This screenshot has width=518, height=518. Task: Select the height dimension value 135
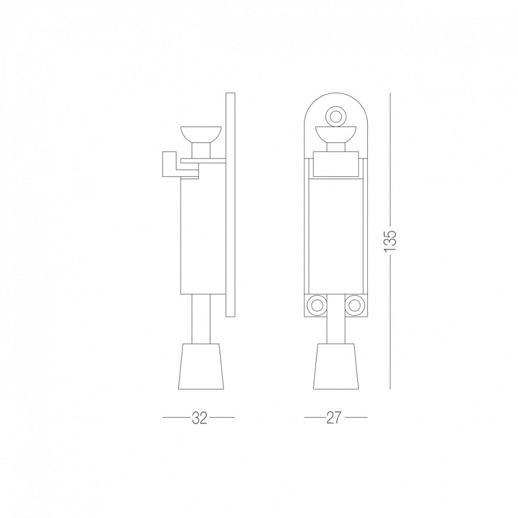point(391,241)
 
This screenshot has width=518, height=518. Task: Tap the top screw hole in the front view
point(336,116)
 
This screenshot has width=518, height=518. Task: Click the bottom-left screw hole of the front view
point(317,305)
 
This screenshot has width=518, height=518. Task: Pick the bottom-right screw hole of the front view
point(354,305)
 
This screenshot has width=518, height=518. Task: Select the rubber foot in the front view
point(336,366)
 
